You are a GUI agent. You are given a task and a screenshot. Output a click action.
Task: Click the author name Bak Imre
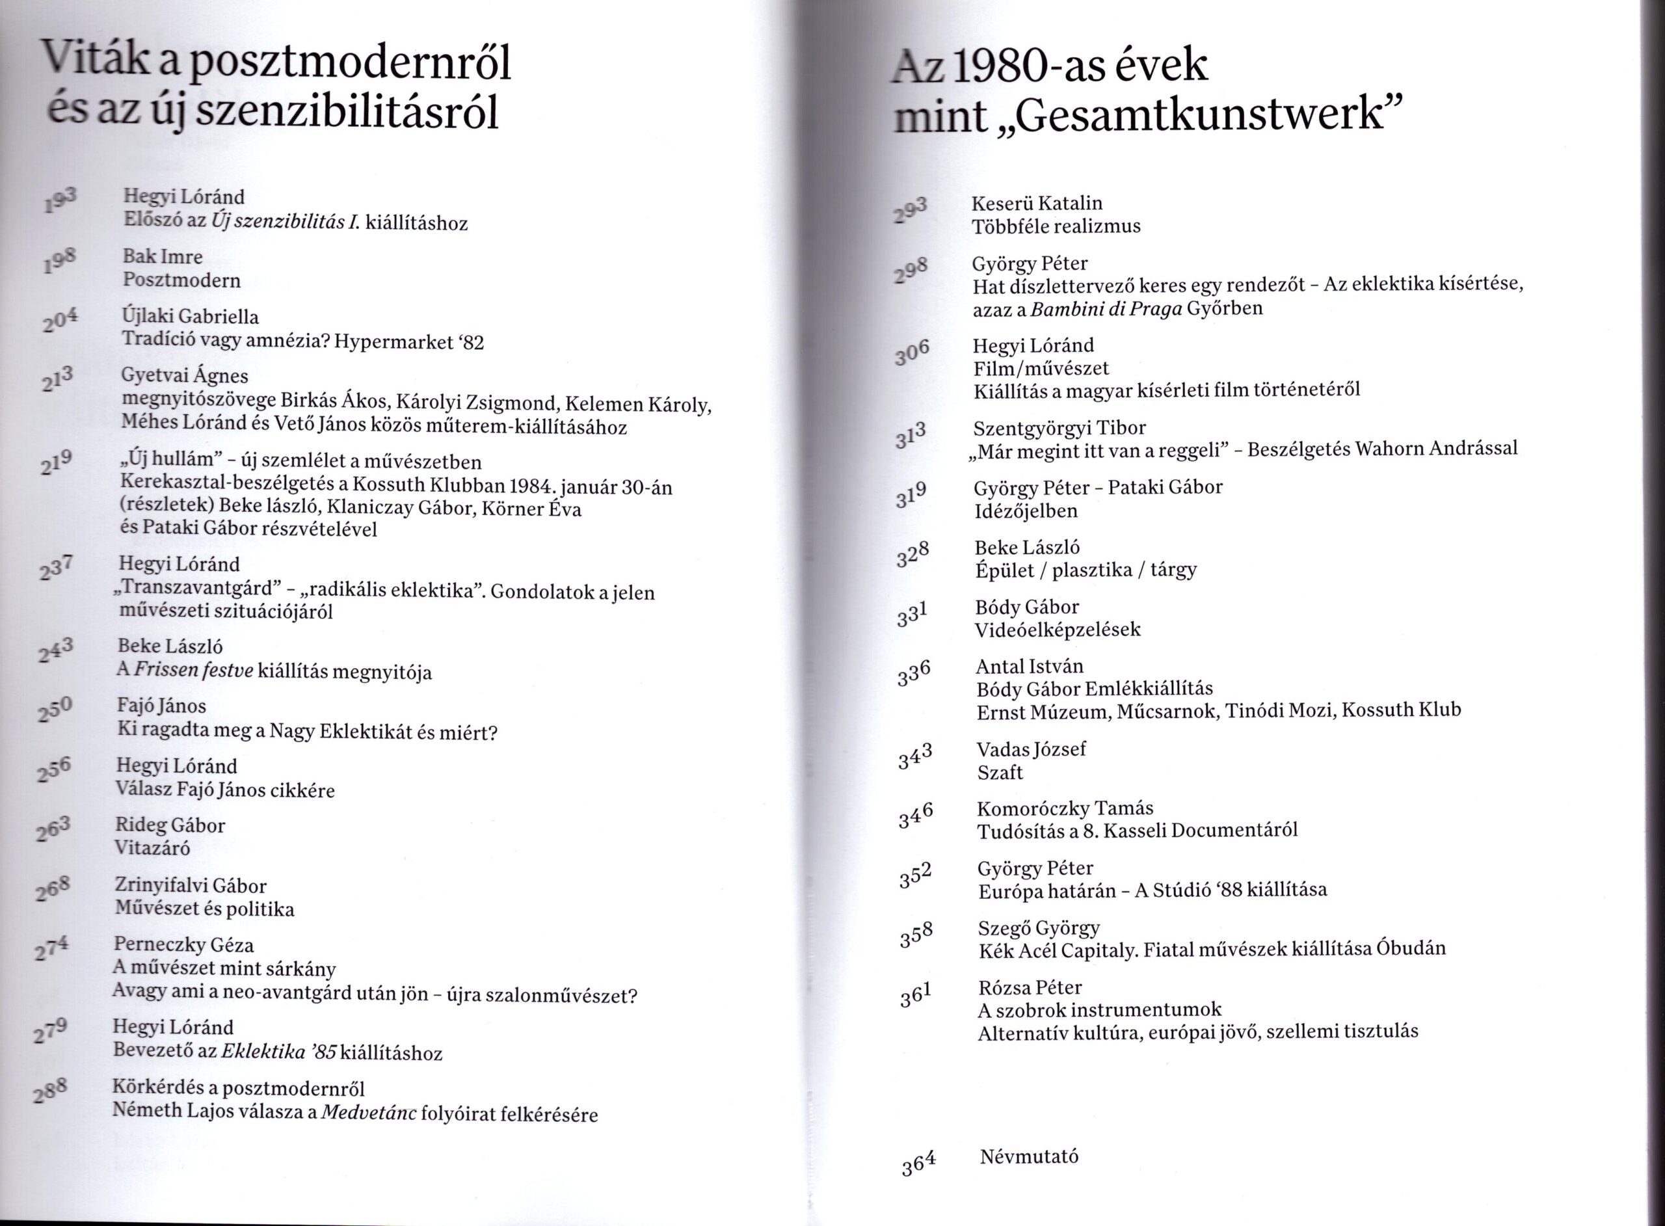pos(163,257)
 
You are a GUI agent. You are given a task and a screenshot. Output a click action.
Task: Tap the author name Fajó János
pos(162,706)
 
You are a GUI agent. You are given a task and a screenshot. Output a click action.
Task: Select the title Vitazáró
pos(153,848)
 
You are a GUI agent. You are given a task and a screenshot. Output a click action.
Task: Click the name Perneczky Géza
pos(184,945)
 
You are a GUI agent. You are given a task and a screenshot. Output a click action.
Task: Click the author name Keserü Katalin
pos(1037,204)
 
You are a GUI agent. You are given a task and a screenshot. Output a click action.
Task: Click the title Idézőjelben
pos(1026,511)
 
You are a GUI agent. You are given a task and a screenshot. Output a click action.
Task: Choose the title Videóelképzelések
pos(1058,630)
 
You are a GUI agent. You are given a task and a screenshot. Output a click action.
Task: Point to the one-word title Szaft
pos(1000,773)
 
